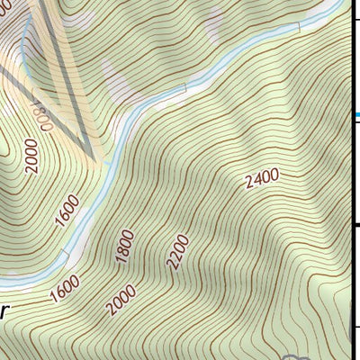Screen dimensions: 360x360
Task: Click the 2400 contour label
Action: (262, 179)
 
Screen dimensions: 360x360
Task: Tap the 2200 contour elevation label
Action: (178, 253)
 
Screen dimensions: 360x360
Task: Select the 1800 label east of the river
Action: (125, 247)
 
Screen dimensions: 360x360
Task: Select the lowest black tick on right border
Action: (355, 327)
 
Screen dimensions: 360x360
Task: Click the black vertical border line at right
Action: (351, 180)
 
